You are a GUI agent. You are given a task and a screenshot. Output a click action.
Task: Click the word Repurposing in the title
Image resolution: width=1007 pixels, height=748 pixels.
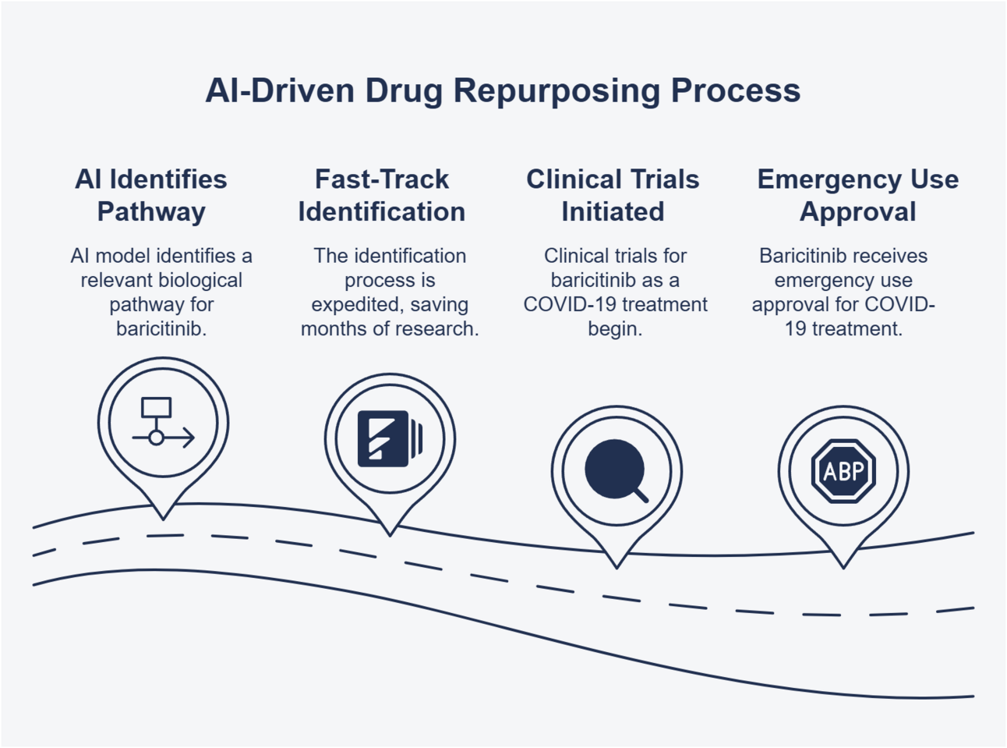[556, 91]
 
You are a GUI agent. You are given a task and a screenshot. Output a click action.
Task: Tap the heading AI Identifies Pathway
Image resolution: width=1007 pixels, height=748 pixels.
[151, 195]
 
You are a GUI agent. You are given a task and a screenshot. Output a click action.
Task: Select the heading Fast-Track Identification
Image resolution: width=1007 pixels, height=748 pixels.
[382, 195]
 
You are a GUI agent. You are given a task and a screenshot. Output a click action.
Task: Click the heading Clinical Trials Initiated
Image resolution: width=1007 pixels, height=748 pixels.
[613, 195]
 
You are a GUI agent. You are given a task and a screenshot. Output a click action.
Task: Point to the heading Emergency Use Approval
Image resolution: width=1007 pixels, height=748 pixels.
[857, 195]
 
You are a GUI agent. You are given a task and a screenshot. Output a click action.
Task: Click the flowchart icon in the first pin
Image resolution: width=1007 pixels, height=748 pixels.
[163, 423]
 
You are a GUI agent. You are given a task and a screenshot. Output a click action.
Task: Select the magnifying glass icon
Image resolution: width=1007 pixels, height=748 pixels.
[616, 470]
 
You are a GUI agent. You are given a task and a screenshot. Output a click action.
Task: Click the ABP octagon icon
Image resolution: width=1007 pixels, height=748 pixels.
[843, 471]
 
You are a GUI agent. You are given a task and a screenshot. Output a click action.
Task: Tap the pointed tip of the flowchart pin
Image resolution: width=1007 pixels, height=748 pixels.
[163, 519]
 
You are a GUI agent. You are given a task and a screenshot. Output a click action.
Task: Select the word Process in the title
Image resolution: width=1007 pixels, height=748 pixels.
[736, 91]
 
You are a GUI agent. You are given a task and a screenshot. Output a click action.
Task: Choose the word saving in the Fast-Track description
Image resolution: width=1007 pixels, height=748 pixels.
[439, 305]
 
